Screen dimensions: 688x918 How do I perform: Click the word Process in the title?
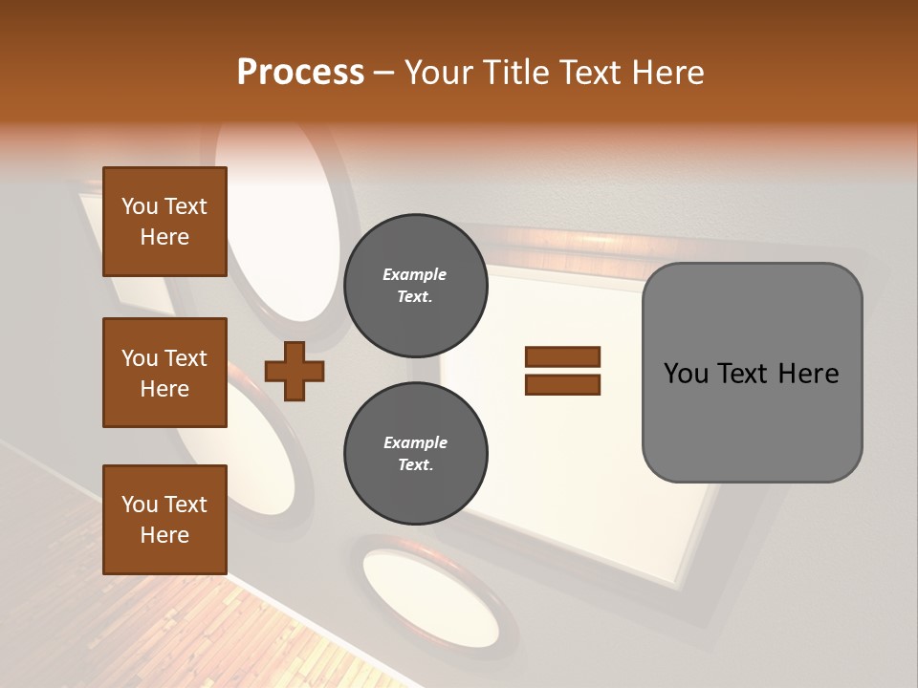(300, 73)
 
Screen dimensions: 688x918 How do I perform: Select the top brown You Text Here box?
(164, 222)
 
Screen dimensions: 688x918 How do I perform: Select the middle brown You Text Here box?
(164, 373)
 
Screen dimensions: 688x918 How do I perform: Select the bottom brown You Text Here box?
(164, 520)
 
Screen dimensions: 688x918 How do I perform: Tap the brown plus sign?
(295, 371)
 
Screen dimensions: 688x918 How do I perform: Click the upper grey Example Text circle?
(415, 285)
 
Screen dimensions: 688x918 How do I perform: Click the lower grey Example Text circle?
(415, 453)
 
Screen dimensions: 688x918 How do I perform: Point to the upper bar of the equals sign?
(562, 357)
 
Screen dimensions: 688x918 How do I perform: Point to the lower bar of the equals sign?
(562, 385)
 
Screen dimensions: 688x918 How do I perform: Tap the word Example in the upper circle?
(415, 274)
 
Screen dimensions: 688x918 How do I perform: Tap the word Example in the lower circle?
(415, 442)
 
